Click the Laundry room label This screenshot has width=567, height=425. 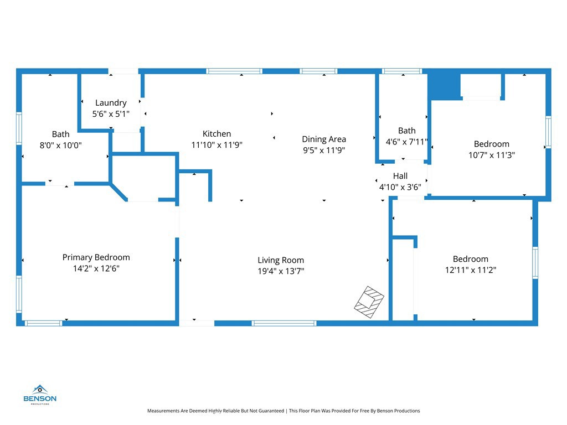pos(111,103)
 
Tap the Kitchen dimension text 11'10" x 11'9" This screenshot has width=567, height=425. pos(217,145)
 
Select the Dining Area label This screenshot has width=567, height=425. pos(324,139)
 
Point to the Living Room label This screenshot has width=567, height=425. pos(281,260)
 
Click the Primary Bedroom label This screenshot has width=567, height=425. pos(96,257)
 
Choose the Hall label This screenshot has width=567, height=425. pos(400,176)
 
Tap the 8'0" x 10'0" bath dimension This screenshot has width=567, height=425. pos(61,145)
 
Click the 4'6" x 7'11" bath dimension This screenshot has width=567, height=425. pos(406,142)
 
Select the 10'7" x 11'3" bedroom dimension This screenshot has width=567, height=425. pos(492,156)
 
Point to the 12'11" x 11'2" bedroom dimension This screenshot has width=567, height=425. pos(471,270)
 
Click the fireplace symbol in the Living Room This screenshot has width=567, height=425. pos(369,302)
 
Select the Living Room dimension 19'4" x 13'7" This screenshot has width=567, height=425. pos(281,271)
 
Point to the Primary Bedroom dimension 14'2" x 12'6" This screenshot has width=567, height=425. pos(96,268)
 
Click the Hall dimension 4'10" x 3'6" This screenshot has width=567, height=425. pos(400,187)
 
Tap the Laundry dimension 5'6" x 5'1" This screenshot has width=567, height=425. pos(111,114)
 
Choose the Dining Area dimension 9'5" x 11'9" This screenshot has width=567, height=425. pos(324,150)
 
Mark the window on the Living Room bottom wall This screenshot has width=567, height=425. pos(284,323)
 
